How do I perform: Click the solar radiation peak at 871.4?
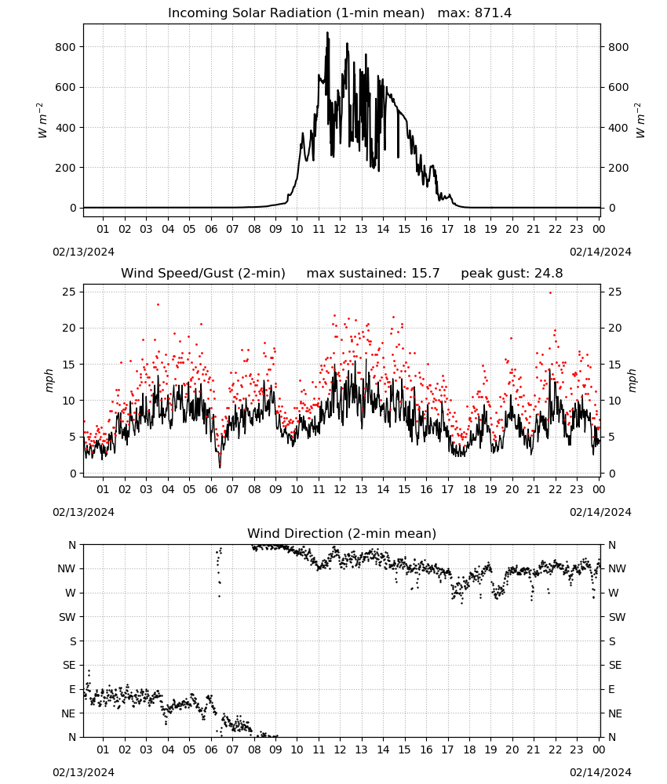click(x=328, y=33)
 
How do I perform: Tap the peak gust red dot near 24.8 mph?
click(x=550, y=292)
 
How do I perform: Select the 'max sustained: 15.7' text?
click(x=373, y=273)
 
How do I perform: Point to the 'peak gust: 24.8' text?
click(x=512, y=273)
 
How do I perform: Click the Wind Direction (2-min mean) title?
click(x=342, y=533)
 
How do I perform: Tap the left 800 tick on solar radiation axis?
click(x=66, y=47)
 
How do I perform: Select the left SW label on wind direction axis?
click(x=67, y=617)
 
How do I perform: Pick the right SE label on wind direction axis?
click(x=615, y=665)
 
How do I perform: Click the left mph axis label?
click(x=49, y=380)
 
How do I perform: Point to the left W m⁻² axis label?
click(x=42, y=121)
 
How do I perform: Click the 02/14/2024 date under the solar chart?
click(x=600, y=252)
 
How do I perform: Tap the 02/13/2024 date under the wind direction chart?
click(x=83, y=772)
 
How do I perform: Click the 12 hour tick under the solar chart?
click(x=340, y=229)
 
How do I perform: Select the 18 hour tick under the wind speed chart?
click(x=469, y=489)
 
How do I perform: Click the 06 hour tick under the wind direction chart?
click(x=211, y=750)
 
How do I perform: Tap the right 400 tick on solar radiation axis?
click(x=618, y=128)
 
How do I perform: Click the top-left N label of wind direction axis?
click(x=72, y=545)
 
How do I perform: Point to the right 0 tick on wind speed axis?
click(x=611, y=473)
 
